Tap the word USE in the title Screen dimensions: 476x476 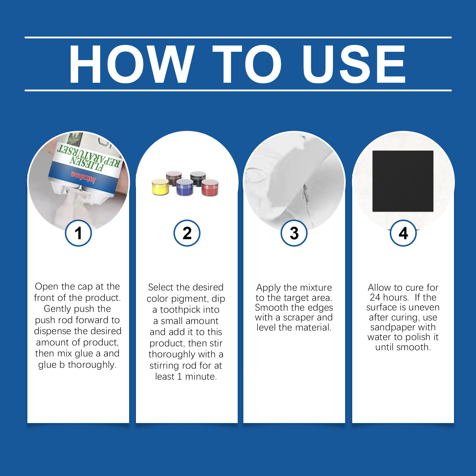(354, 64)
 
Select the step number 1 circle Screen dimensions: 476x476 (78, 233)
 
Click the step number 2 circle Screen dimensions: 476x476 (187, 233)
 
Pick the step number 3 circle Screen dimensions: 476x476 (294, 233)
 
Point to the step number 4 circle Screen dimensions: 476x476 (403, 233)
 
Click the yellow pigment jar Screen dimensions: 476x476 (160, 187)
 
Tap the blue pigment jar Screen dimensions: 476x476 (185, 187)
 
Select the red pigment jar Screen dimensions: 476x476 (210, 187)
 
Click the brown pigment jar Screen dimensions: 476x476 (174, 178)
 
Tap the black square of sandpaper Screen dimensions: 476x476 (403, 181)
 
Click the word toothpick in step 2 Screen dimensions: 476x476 (190, 310)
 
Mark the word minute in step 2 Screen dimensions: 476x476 (201, 376)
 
